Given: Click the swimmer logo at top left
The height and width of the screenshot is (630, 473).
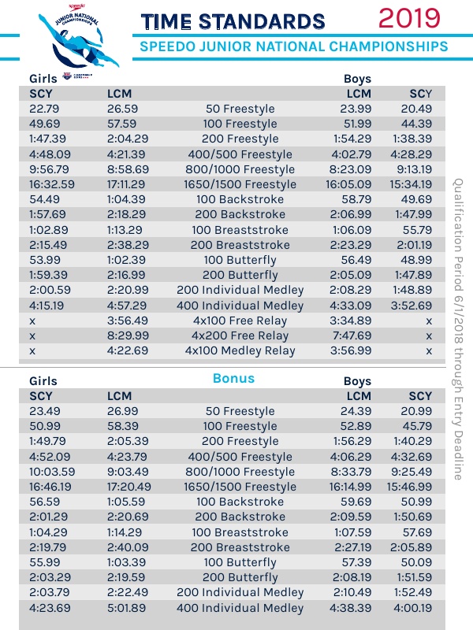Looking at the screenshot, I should click(71, 39).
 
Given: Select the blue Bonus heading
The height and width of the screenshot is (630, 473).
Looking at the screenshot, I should click(233, 379).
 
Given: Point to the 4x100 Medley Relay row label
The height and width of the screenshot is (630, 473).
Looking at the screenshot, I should click(247, 350).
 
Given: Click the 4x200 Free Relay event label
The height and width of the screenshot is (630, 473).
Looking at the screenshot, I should click(247, 335).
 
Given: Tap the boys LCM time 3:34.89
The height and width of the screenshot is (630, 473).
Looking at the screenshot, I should click(352, 321).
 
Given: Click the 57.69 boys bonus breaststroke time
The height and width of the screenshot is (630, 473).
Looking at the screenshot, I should click(416, 532).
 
